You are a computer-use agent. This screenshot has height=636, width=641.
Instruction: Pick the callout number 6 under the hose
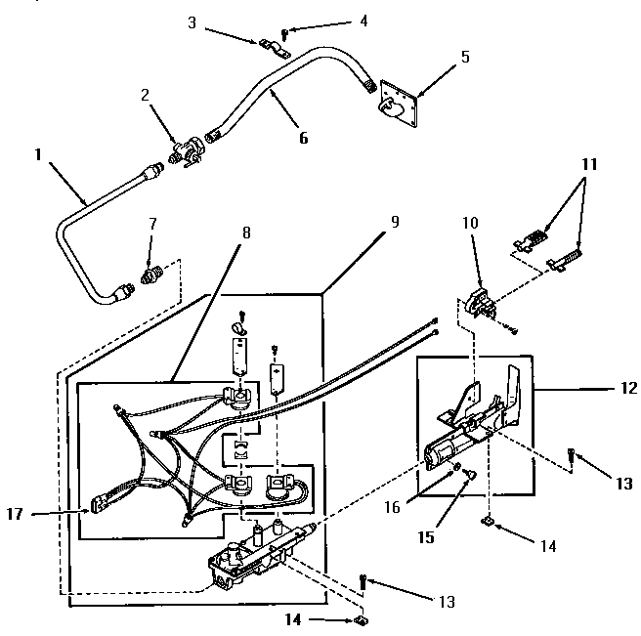click(303, 138)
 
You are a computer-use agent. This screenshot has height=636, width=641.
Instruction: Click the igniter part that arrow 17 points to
click(101, 505)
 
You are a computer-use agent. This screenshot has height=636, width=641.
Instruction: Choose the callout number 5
click(465, 57)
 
